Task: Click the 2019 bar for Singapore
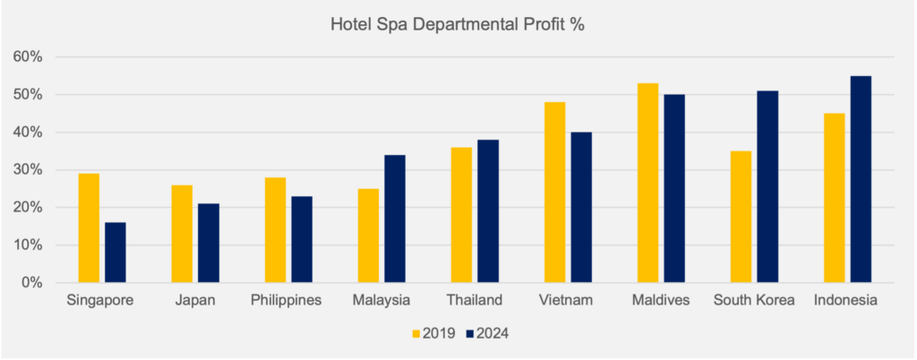click(x=89, y=228)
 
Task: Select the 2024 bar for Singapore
click(x=116, y=253)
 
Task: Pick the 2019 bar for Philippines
click(x=275, y=230)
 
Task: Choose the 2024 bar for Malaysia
click(x=395, y=219)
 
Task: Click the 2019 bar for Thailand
click(x=461, y=215)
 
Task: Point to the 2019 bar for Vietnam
click(x=554, y=193)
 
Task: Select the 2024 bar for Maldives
click(x=674, y=188)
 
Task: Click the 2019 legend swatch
click(x=416, y=334)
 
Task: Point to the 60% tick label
click(x=28, y=57)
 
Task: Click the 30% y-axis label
click(x=28, y=170)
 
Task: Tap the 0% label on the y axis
click(x=31, y=283)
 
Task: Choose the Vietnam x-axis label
click(x=568, y=300)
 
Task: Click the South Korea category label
click(x=754, y=300)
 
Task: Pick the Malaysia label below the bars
click(x=381, y=300)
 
